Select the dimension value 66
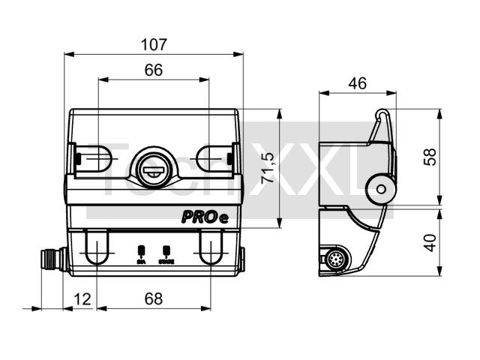[154, 70]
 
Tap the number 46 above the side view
[357, 83]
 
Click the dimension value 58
[430, 157]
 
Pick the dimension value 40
[430, 243]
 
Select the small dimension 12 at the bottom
[82, 298]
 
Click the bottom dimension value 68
[154, 298]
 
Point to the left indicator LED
[141, 250]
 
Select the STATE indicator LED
[166, 250]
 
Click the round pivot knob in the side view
[382, 187]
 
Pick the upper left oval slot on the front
[93, 158]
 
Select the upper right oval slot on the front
[214, 158]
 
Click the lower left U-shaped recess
[96, 247]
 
